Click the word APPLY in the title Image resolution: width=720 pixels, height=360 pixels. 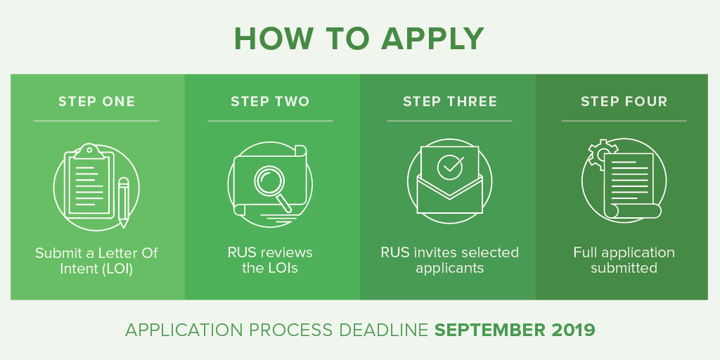(432, 39)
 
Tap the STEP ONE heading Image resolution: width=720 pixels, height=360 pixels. (97, 101)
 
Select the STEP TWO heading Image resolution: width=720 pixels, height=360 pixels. (270, 101)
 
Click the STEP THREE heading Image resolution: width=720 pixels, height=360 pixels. (450, 101)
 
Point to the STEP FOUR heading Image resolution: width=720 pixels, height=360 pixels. (624, 101)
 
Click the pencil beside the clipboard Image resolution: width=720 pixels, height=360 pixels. (123, 202)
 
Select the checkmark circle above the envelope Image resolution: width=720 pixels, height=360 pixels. (450, 166)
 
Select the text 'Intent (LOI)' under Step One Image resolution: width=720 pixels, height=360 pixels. (96, 269)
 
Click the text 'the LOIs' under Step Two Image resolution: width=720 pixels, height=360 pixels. (270, 268)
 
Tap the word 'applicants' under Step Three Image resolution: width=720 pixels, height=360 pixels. (450, 269)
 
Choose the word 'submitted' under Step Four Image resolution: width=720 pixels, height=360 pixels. (624, 268)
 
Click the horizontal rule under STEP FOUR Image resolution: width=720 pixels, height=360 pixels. (624, 121)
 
